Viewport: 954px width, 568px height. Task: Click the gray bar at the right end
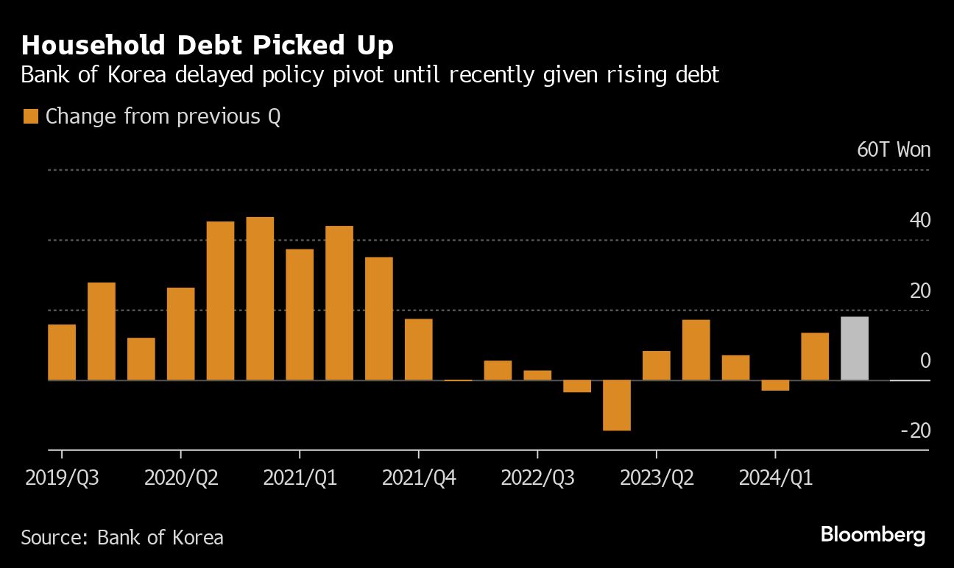coord(854,348)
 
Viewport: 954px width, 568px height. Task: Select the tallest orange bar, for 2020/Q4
coord(260,298)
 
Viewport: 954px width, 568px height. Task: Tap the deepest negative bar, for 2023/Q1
coord(617,405)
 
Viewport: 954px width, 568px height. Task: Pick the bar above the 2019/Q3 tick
coord(62,352)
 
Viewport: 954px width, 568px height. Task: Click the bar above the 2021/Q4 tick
coord(419,349)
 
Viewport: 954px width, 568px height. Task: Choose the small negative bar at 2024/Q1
coord(775,386)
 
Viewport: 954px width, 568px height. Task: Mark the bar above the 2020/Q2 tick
coord(181,333)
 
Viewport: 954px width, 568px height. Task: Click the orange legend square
coord(30,116)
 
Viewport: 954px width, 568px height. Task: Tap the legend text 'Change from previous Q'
coord(163,116)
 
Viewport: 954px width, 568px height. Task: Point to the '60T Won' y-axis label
coord(894,150)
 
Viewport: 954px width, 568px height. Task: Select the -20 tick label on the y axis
coord(916,430)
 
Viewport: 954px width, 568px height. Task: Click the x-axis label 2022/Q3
coord(537,478)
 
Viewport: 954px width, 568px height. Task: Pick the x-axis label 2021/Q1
coord(300,478)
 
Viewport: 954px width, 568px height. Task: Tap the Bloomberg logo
coord(872,535)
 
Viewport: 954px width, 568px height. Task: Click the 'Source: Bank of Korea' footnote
coord(122,537)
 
